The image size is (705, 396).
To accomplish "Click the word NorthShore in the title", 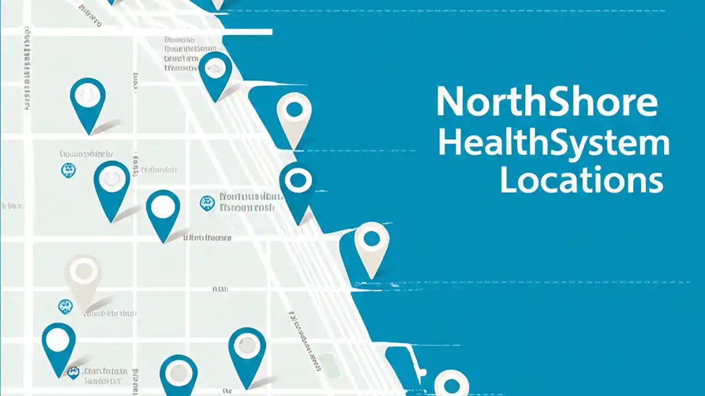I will pyautogui.click(x=546, y=102).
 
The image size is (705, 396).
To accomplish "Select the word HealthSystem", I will pyautogui.click(x=554, y=144).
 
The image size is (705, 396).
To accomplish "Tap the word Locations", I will pyautogui.click(x=581, y=181).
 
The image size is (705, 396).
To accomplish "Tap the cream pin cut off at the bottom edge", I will pyautogui.click(x=452, y=383).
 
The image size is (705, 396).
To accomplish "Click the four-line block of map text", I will pyautogui.click(x=181, y=54).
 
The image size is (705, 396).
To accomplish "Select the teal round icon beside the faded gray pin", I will pyautogui.click(x=65, y=306).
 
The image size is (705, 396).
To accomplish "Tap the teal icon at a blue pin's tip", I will pyautogui.click(x=73, y=372).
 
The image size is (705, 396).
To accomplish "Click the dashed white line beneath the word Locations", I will pyautogui.click(x=523, y=282).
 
